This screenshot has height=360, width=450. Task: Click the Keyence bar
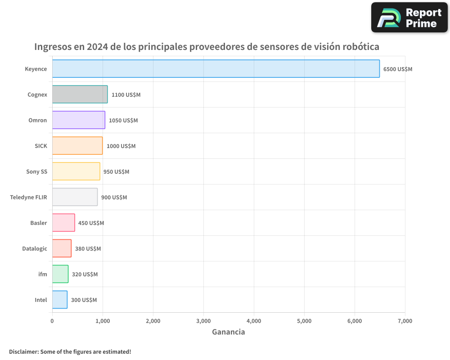(216, 69)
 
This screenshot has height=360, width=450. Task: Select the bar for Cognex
(80, 94)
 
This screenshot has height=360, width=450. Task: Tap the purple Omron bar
(78, 120)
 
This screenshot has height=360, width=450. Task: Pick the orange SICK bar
(77, 146)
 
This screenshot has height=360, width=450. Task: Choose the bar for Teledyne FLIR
(75, 197)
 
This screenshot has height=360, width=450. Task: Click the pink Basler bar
(63, 223)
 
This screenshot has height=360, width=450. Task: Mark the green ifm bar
(60, 274)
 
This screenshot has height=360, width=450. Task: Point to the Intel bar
(59, 300)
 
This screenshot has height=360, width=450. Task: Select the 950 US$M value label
(116, 172)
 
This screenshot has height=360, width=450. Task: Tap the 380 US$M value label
(88, 249)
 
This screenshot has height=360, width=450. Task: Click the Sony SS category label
(36, 171)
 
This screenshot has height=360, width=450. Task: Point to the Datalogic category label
(35, 248)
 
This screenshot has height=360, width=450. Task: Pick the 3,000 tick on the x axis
(203, 321)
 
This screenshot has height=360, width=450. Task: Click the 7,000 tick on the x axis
(405, 321)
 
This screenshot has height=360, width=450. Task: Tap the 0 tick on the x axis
(52, 321)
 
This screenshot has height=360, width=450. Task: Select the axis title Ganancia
(228, 332)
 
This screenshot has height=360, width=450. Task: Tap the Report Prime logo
(409, 18)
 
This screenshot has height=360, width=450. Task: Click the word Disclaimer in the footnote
(23, 351)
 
